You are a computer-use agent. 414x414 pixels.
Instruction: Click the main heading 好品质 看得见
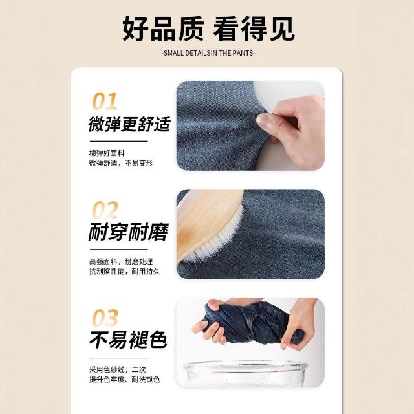[x=208, y=28]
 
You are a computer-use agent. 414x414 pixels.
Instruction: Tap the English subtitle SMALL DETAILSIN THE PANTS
[x=208, y=53]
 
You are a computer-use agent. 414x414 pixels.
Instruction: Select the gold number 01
[x=105, y=101]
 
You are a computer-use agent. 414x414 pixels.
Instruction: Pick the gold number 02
[x=105, y=210]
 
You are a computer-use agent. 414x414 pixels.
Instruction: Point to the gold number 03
[x=105, y=318]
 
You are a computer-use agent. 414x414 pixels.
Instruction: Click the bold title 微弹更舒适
[x=129, y=124]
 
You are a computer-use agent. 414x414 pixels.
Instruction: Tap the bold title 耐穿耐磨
[x=128, y=232]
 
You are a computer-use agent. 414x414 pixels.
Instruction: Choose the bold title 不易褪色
[x=128, y=340]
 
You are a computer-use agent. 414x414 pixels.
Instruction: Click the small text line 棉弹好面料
[x=107, y=153]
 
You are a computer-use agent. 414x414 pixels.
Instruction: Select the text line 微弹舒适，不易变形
[x=121, y=163]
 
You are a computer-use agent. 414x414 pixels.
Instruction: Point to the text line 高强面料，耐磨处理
[x=121, y=261]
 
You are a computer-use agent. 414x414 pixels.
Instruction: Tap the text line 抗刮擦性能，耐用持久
[x=124, y=272]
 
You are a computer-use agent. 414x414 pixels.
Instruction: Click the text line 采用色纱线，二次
[x=118, y=369]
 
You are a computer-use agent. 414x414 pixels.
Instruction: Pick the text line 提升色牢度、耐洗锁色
[x=124, y=380]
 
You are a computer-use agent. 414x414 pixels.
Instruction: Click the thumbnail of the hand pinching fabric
[x=250, y=125]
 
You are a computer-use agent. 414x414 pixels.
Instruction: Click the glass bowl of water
[x=246, y=374]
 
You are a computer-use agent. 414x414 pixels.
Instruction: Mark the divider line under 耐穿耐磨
[x=118, y=250]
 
